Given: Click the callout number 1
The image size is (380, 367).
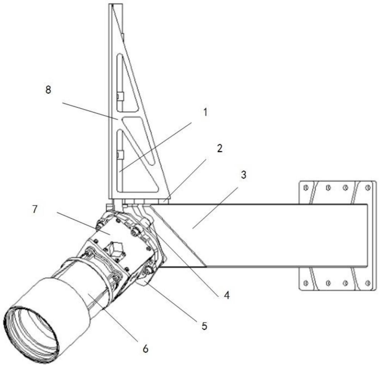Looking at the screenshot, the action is [205, 112].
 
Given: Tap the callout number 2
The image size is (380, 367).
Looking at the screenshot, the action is [220, 148].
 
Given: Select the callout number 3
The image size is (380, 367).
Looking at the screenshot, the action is [243, 175].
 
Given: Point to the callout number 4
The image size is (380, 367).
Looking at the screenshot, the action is [226, 295].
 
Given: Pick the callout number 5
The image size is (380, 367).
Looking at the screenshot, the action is [204, 326].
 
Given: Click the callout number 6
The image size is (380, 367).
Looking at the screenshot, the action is [146, 349].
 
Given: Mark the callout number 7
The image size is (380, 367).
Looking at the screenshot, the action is [35, 209].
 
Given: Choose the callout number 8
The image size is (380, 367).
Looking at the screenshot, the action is [48, 90].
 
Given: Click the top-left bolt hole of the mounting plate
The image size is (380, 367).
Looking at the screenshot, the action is [306, 187].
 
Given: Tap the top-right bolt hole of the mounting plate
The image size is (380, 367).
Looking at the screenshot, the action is [368, 187].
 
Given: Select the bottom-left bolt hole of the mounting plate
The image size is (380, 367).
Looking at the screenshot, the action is [306, 283].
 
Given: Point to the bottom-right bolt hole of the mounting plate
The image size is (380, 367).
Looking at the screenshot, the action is [368, 283].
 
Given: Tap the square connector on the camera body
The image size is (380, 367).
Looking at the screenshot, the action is [114, 250].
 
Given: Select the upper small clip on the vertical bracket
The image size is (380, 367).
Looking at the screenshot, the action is [120, 96].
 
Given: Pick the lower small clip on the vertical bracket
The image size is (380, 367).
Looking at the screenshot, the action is [120, 155].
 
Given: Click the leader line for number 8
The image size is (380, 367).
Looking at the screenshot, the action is [90, 111].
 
